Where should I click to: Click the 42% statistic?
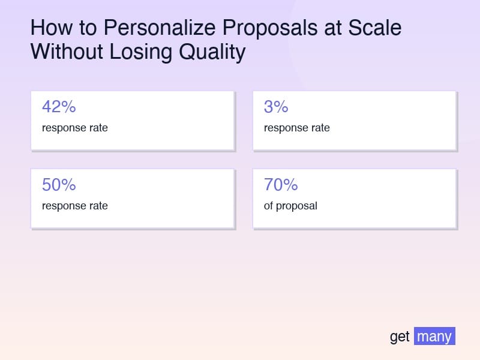pos(59,107)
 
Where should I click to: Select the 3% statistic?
pos(276,107)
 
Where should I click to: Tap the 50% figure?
pos(59,185)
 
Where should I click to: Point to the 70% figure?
pos(281,185)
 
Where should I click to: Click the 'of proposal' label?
pos(290,206)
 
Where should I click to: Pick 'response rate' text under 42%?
pos(75,128)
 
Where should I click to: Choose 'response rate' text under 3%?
pos(297,128)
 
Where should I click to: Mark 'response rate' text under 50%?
pos(75,206)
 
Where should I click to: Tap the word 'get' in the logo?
pos(400,337)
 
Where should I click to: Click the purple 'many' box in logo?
pos(434,336)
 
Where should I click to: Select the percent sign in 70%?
pos(290,185)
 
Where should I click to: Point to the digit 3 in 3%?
pos(269,107)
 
